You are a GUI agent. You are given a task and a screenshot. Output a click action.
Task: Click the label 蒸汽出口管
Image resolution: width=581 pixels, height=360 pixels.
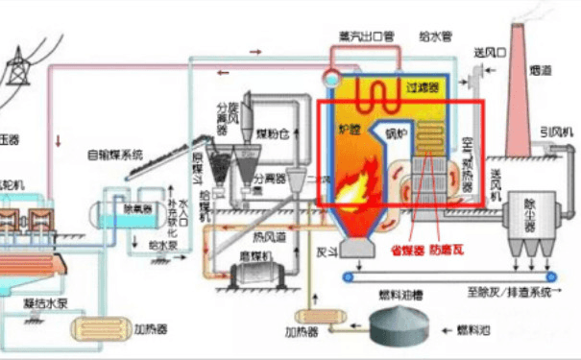[x=366, y=36]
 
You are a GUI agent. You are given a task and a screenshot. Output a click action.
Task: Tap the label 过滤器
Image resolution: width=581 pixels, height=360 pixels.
[x=423, y=87]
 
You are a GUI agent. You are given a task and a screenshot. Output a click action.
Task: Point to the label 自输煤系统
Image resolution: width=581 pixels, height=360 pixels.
[x=115, y=153]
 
